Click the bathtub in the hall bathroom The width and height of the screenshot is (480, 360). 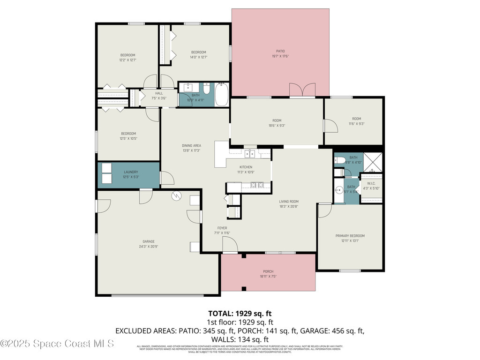pos(222,94)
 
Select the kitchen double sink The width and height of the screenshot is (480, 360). pos(250,153)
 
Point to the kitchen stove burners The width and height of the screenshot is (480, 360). pos(256,185)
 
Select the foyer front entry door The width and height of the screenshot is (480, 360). pos(229,244)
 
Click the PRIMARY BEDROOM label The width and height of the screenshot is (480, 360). pos(350,236)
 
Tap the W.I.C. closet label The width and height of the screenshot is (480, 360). pos(371,183)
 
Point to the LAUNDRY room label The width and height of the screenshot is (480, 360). pos(131,172)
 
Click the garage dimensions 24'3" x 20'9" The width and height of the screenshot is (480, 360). pos(149,247)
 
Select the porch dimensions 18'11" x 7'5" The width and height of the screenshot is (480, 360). pos(268,277)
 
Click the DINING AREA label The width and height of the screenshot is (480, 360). pos(191,146)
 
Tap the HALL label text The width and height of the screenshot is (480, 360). pos(159,93)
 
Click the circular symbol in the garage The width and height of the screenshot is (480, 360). pos(177,195)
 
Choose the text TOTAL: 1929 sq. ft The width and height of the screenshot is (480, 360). pos(240,313)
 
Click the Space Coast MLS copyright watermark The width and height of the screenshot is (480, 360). pos(57,344)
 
